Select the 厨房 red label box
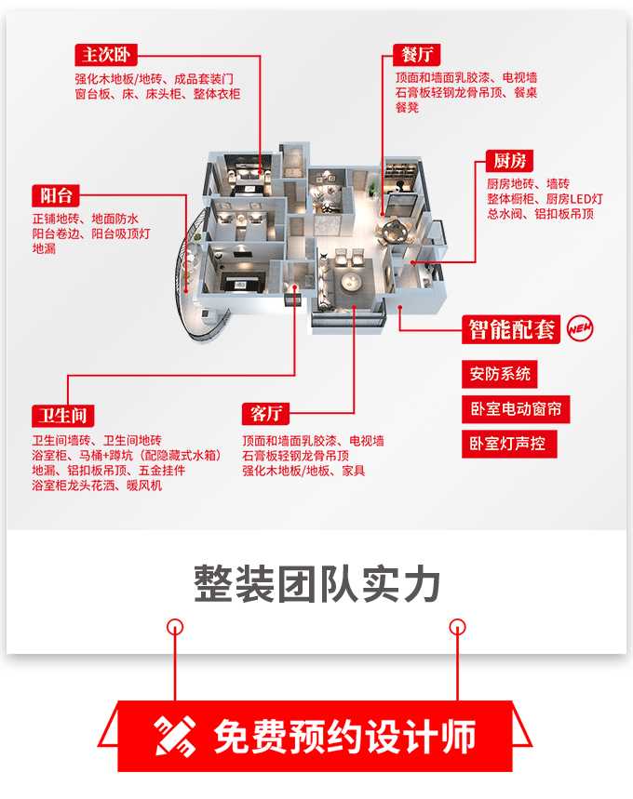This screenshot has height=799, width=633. click(x=508, y=161)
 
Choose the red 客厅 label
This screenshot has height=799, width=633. click(x=264, y=414)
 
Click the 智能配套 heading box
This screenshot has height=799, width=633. click(x=511, y=329)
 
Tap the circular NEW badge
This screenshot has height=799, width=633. click(x=580, y=329)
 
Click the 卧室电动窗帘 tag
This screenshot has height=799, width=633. click(x=516, y=408)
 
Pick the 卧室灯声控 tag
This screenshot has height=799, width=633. click(x=508, y=443)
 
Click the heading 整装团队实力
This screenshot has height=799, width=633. click(x=316, y=584)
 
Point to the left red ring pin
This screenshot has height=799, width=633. click(x=174, y=625)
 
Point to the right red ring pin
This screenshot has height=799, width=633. click(x=457, y=625)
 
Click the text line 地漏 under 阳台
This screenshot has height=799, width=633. click(x=44, y=249)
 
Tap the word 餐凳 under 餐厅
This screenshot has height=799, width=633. click(x=407, y=108)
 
